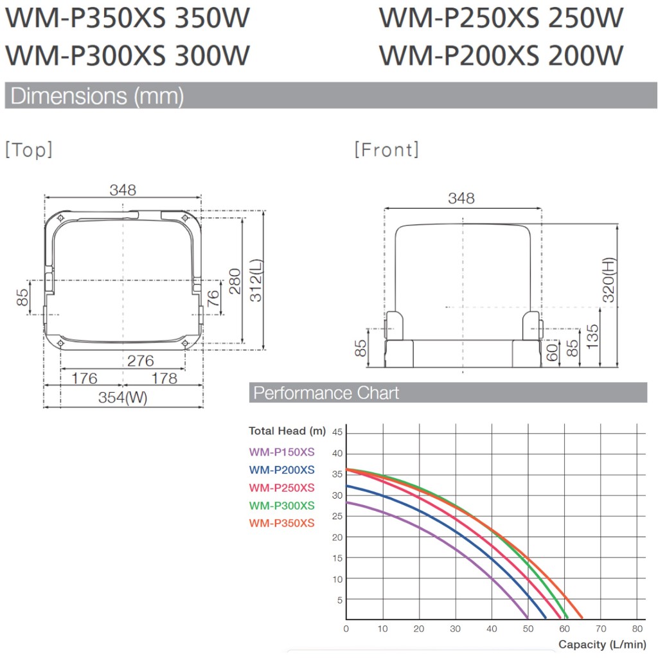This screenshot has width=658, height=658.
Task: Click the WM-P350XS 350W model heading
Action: [x=127, y=18]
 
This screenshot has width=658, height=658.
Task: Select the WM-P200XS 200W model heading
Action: [x=501, y=55]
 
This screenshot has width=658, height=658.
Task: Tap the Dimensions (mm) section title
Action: [x=97, y=96]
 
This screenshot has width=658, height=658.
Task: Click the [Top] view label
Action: [x=28, y=149]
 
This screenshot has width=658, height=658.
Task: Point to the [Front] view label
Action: [x=386, y=149]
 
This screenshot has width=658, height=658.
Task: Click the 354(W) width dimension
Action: [x=123, y=397]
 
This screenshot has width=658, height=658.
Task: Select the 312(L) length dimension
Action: [x=256, y=280]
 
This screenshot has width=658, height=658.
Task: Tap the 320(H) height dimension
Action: [x=609, y=280]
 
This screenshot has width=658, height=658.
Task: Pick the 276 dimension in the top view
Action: [x=140, y=360]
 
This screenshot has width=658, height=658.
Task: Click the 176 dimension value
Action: [x=84, y=378]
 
